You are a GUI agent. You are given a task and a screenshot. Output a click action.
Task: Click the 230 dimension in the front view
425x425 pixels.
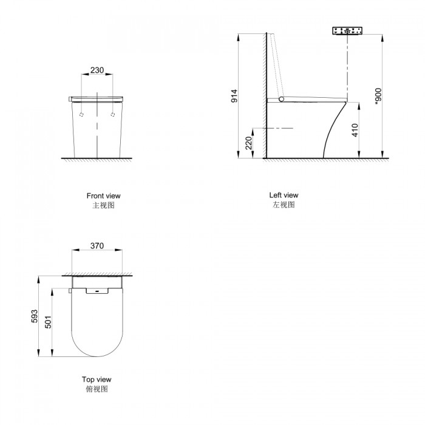coord(97,70)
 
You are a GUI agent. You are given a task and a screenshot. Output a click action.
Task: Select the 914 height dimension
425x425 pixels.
coord(234,96)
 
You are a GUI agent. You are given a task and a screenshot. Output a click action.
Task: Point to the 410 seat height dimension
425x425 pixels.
coord(355,129)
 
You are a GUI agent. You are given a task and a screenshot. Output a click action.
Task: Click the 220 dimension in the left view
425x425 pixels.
coord(248,143)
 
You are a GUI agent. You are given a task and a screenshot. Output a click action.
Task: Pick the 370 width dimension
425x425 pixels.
coord(97,246)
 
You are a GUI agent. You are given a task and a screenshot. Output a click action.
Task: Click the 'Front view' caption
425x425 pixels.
coord(103,195)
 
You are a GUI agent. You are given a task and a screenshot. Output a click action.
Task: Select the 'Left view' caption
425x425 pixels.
coord(284,195)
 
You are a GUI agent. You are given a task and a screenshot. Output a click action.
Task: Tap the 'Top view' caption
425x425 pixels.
coord(97,379)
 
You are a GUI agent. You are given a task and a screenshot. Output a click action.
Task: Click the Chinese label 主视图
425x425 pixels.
coord(103,206)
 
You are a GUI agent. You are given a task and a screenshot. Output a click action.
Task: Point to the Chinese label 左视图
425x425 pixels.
coord(284,205)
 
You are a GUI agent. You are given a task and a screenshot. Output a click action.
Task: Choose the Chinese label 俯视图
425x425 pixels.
coord(97,389)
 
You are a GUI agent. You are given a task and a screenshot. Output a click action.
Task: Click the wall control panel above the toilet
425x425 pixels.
coord(347,30)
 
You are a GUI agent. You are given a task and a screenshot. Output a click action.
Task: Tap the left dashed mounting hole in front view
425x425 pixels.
coord(81,114)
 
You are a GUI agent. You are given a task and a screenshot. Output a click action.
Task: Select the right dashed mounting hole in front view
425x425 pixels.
coord(113,114)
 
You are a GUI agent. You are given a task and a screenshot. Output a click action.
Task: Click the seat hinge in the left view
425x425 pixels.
coord(280,98)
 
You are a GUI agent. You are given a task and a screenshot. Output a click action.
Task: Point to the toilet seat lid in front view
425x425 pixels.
coord(97,97)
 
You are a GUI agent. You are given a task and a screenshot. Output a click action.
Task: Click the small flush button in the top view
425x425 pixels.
coord(97,290)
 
